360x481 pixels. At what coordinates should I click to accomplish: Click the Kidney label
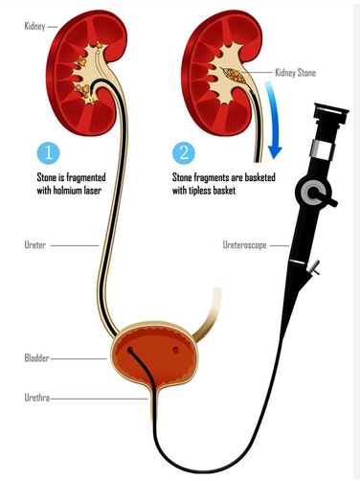tap(34, 26)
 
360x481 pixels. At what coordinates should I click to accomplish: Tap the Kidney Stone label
tap(295, 73)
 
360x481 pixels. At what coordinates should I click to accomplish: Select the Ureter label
tap(35, 245)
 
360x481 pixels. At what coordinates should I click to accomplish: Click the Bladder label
tap(36, 358)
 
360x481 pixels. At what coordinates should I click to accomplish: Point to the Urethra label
tap(37, 398)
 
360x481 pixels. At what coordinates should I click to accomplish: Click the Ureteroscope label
tap(244, 245)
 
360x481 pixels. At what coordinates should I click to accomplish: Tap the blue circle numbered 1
tap(48, 152)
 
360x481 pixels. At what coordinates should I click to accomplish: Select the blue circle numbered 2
tap(184, 152)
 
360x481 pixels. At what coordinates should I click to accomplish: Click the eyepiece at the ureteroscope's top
tap(331, 114)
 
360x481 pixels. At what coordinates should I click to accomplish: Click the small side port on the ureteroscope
tap(314, 267)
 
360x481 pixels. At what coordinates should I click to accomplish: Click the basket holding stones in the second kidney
tap(235, 76)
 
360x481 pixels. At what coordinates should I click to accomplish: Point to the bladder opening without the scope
tap(175, 351)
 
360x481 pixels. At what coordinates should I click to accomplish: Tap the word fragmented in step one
tap(85, 177)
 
